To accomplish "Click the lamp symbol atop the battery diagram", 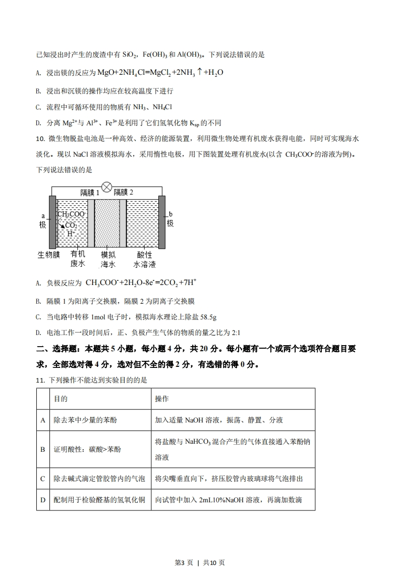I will click(x=106, y=187).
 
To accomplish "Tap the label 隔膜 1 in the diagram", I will click(x=90, y=193).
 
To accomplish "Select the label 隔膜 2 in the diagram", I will click(x=124, y=193).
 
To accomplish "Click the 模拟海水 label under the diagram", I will click(x=108, y=259).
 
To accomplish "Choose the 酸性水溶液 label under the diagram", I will click(x=144, y=259).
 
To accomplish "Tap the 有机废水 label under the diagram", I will click(x=78, y=259).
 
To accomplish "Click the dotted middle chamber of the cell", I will click(x=107, y=222).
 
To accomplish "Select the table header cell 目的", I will click(x=61, y=399).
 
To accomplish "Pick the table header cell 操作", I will click(x=162, y=399).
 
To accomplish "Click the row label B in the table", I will click(x=43, y=449).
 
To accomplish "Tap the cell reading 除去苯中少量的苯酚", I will click(x=87, y=420).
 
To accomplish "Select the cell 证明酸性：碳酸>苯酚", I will click(x=87, y=449).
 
